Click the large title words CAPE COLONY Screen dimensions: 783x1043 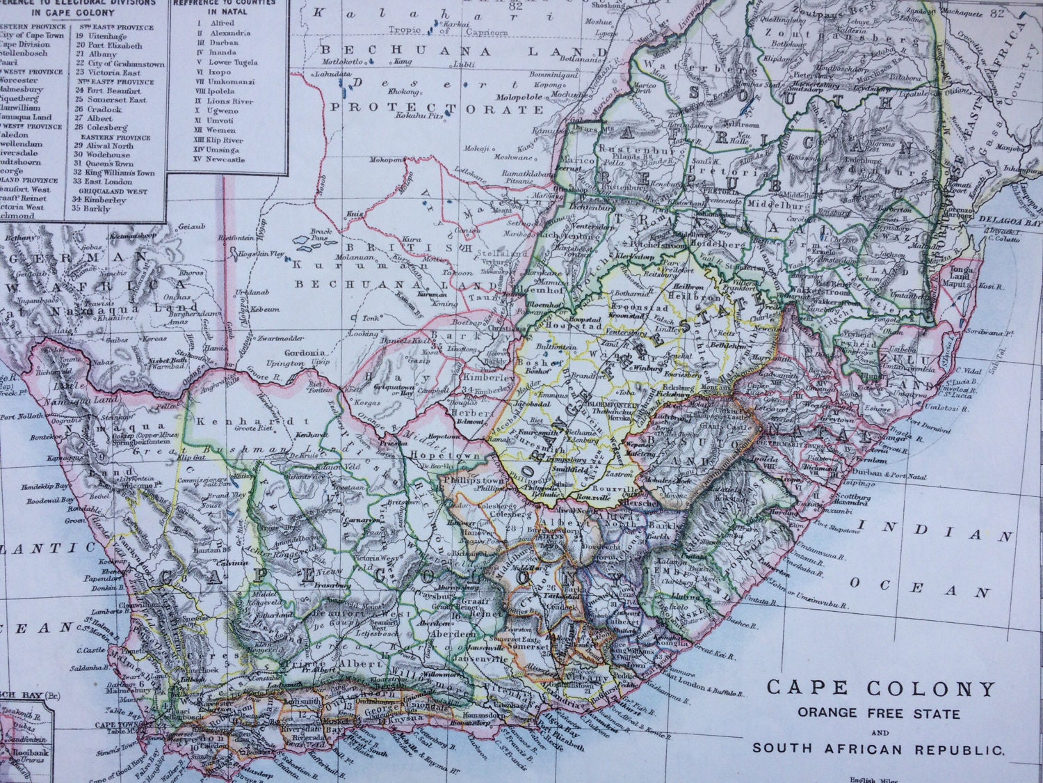[x=881, y=689]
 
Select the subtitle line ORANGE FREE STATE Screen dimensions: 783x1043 [x=879, y=713]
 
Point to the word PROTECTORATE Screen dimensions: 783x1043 [x=436, y=109]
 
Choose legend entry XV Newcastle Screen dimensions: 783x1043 [x=220, y=159]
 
